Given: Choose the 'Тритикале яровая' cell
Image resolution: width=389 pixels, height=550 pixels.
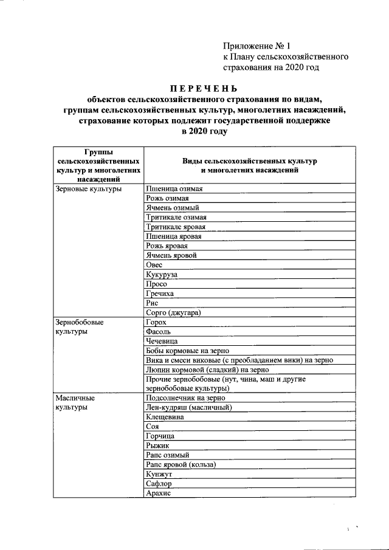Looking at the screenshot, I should [176, 227].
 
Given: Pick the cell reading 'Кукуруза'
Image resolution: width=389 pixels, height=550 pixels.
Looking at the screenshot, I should [162, 274].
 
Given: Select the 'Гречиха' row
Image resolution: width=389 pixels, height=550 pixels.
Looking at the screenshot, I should [160, 294].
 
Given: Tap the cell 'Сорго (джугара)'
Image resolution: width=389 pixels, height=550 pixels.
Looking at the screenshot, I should [173, 312].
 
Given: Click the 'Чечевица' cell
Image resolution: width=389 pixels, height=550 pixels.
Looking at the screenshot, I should [162, 341].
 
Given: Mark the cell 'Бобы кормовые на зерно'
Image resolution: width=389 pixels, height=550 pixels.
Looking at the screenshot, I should [189, 351].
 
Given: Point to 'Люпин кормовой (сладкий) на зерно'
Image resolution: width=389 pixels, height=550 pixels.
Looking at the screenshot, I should [207, 370].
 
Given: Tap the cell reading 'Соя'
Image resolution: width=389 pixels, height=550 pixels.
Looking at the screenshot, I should [153, 427].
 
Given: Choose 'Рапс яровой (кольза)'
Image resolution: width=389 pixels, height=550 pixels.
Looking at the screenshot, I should [181, 464].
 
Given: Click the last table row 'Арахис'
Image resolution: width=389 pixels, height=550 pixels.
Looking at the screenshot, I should [159, 493].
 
